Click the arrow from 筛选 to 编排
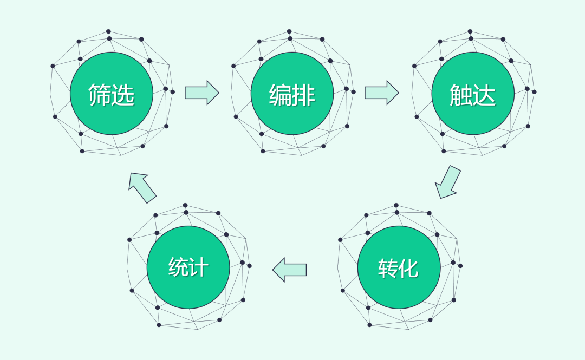pyautogui.click(x=201, y=93)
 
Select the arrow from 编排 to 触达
pyautogui.click(x=381, y=93)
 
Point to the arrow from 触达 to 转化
pyautogui.click(x=448, y=182)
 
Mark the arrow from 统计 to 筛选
pyautogui.click(x=142, y=187)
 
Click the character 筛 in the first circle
pyautogui.click(x=100, y=95)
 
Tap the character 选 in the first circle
pyautogui.click(x=123, y=95)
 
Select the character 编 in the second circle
pyautogui.click(x=281, y=95)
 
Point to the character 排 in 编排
pyautogui.click(x=304, y=95)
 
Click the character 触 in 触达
pyautogui.click(x=461, y=95)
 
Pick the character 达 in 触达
pyautogui.click(x=485, y=95)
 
